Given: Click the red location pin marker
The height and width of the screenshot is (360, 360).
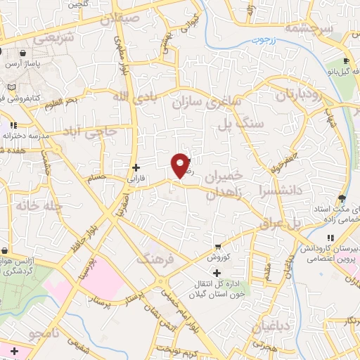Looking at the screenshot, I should click(181, 165).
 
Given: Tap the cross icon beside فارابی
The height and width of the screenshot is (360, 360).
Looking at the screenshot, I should click(136, 167).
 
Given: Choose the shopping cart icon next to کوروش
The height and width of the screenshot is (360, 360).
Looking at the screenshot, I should click(218, 247).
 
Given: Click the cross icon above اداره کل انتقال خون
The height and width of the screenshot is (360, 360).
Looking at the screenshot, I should click(217, 272).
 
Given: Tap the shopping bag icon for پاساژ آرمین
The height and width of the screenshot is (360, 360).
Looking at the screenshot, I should click(24, 53).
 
